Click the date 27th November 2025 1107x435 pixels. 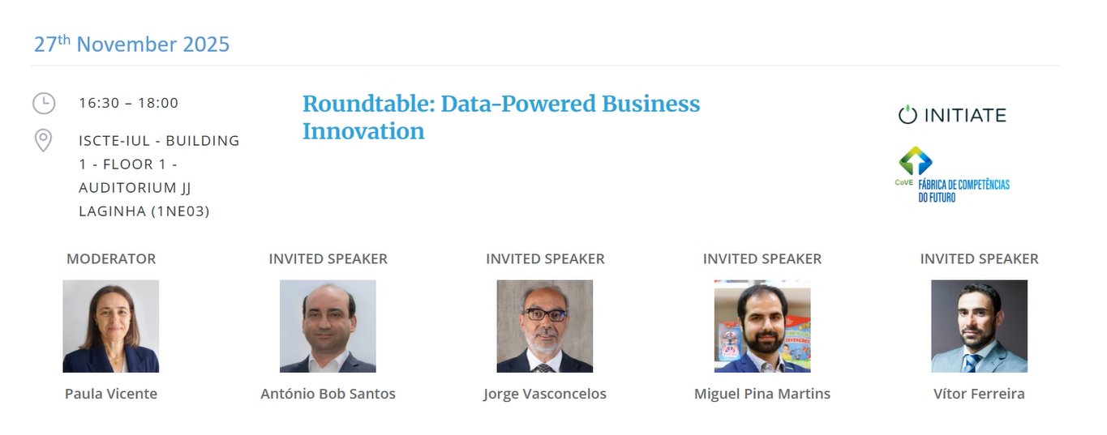click(x=131, y=44)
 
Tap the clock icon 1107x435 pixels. click(x=44, y=103)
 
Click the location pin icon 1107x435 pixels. click(x=44, y=140)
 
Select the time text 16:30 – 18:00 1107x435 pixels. click(x=128, y=103)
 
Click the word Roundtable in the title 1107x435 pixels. click(x=368, y=104)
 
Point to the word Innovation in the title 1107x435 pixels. click(x=363, y=131)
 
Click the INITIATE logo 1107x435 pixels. click(x=952, y=115)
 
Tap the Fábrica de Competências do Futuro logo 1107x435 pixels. click(x=953, y=174)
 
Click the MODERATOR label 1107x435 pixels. click(x=111, y=258)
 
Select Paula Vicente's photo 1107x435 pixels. click(x=110, y=326)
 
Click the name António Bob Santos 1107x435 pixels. click(x=328, y=394)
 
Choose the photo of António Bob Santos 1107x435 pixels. click(x=328, y=326)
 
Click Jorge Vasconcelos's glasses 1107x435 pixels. click(x=545, y=314)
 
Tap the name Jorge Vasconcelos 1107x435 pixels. click(x=545, y=394)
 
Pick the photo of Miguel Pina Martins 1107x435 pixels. click(x=762, y=326)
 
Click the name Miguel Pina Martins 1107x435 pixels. click(x=762, y=394)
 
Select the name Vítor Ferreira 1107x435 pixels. click(x=979, y=394)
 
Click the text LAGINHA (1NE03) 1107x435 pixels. click(x=144, y=211)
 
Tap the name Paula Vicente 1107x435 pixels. click(x=111, y=394)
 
